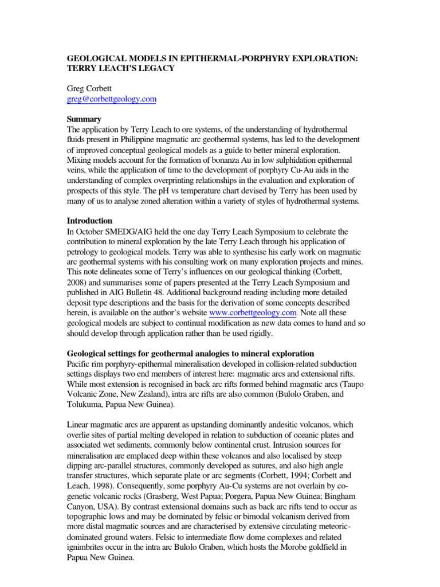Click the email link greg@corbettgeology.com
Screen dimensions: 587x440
[112, 99]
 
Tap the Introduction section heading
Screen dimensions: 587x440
[90, 221]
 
